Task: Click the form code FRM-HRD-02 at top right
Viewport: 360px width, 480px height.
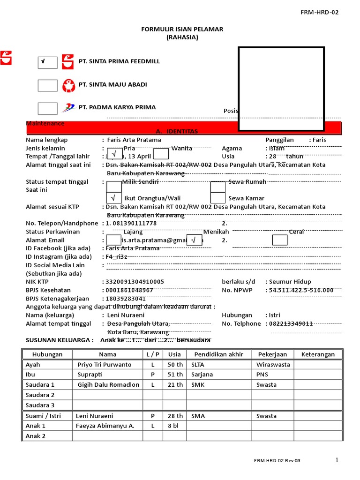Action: tap(319, 12)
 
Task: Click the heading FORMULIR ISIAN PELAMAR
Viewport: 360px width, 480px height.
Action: tap(182, 29)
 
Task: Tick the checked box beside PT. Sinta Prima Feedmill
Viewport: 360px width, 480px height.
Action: tap(47, 62)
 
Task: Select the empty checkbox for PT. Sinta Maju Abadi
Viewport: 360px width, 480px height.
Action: tap(47, 85)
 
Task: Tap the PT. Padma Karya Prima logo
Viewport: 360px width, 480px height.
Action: tap(68, 108)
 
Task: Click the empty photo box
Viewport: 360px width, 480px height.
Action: tap(281, 89)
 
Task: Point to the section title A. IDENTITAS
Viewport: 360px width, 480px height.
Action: tap(177, 131)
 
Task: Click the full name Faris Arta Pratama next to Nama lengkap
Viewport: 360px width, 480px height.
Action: tap(134, 140)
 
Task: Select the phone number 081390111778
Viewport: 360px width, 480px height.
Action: tap(135, 223)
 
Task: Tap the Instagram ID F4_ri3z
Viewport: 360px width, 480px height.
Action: tap(117, 257)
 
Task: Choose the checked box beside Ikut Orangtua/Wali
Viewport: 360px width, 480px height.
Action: tap(114, 198)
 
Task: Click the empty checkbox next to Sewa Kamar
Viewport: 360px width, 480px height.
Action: tap(217, 198)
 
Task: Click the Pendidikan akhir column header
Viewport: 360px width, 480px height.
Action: tap(219, 354)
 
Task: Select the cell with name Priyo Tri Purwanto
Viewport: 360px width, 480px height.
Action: tap(105, 365)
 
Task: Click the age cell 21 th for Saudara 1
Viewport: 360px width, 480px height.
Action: tap(175, 385)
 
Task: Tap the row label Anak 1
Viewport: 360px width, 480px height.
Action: tap(36, 426)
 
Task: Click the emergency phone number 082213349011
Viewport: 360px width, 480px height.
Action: tap(291, 324)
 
